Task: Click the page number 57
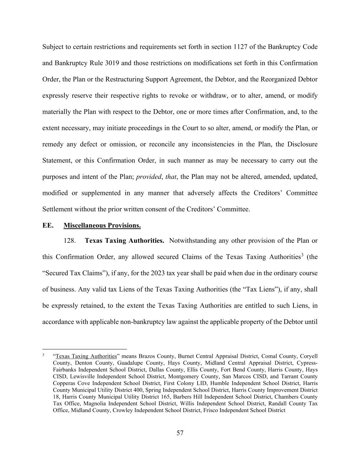(x=180, y=433)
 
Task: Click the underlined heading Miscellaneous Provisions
(x=102, y=226)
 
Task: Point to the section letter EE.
(x=48, y=226)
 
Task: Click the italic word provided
(x=148, y=177)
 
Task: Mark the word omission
(x=122, y=144)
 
